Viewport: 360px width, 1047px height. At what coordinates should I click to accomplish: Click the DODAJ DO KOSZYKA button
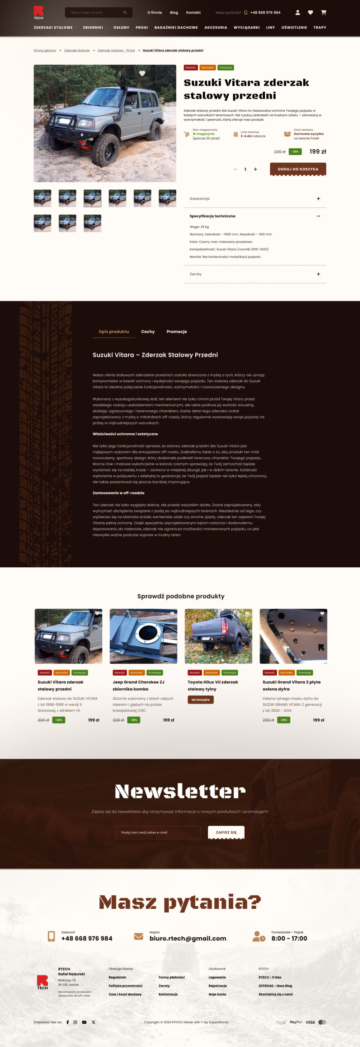point(298,169)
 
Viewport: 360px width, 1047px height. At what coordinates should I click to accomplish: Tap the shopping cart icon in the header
point(324,13)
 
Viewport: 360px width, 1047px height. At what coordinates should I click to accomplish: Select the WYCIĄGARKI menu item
point(246,27)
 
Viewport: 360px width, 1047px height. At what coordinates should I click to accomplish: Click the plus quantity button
point(255,169)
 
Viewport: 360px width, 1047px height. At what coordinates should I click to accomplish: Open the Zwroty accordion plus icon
point(318,274)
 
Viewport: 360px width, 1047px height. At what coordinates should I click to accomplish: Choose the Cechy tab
point(148,332)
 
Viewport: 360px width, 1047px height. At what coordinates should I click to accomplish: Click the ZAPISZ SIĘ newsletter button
point(226,832)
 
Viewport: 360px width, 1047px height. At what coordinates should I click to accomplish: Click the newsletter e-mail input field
point(158,832)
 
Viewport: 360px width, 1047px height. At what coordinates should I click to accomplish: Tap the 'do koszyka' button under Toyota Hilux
point(200,699)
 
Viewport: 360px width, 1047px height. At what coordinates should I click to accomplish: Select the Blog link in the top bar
point(174,13)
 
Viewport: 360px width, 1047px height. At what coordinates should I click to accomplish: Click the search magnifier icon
point(125,13)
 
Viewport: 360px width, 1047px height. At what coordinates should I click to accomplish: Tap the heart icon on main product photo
point(142,74)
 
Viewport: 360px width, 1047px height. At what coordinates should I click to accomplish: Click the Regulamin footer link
point(117,977)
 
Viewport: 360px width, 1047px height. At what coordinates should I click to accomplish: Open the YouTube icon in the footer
point(84,1022)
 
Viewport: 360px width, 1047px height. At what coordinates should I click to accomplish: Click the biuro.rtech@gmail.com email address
point(188,938)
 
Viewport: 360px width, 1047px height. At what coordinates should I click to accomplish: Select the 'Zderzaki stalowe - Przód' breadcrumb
point(116,51)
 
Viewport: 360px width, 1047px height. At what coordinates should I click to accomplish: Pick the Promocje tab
point(176,332)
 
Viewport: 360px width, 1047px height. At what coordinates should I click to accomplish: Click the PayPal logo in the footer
point(295,1022)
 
